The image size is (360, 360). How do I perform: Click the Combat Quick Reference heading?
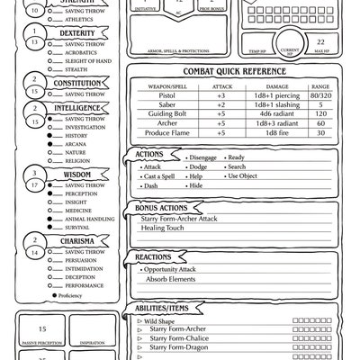coord(234,72)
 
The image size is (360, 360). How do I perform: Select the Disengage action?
coord(204,157)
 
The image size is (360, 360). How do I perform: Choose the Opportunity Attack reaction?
coord(172,269)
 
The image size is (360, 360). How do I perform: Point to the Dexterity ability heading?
coord(78,31)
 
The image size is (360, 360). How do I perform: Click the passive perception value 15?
coord(41,330)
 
